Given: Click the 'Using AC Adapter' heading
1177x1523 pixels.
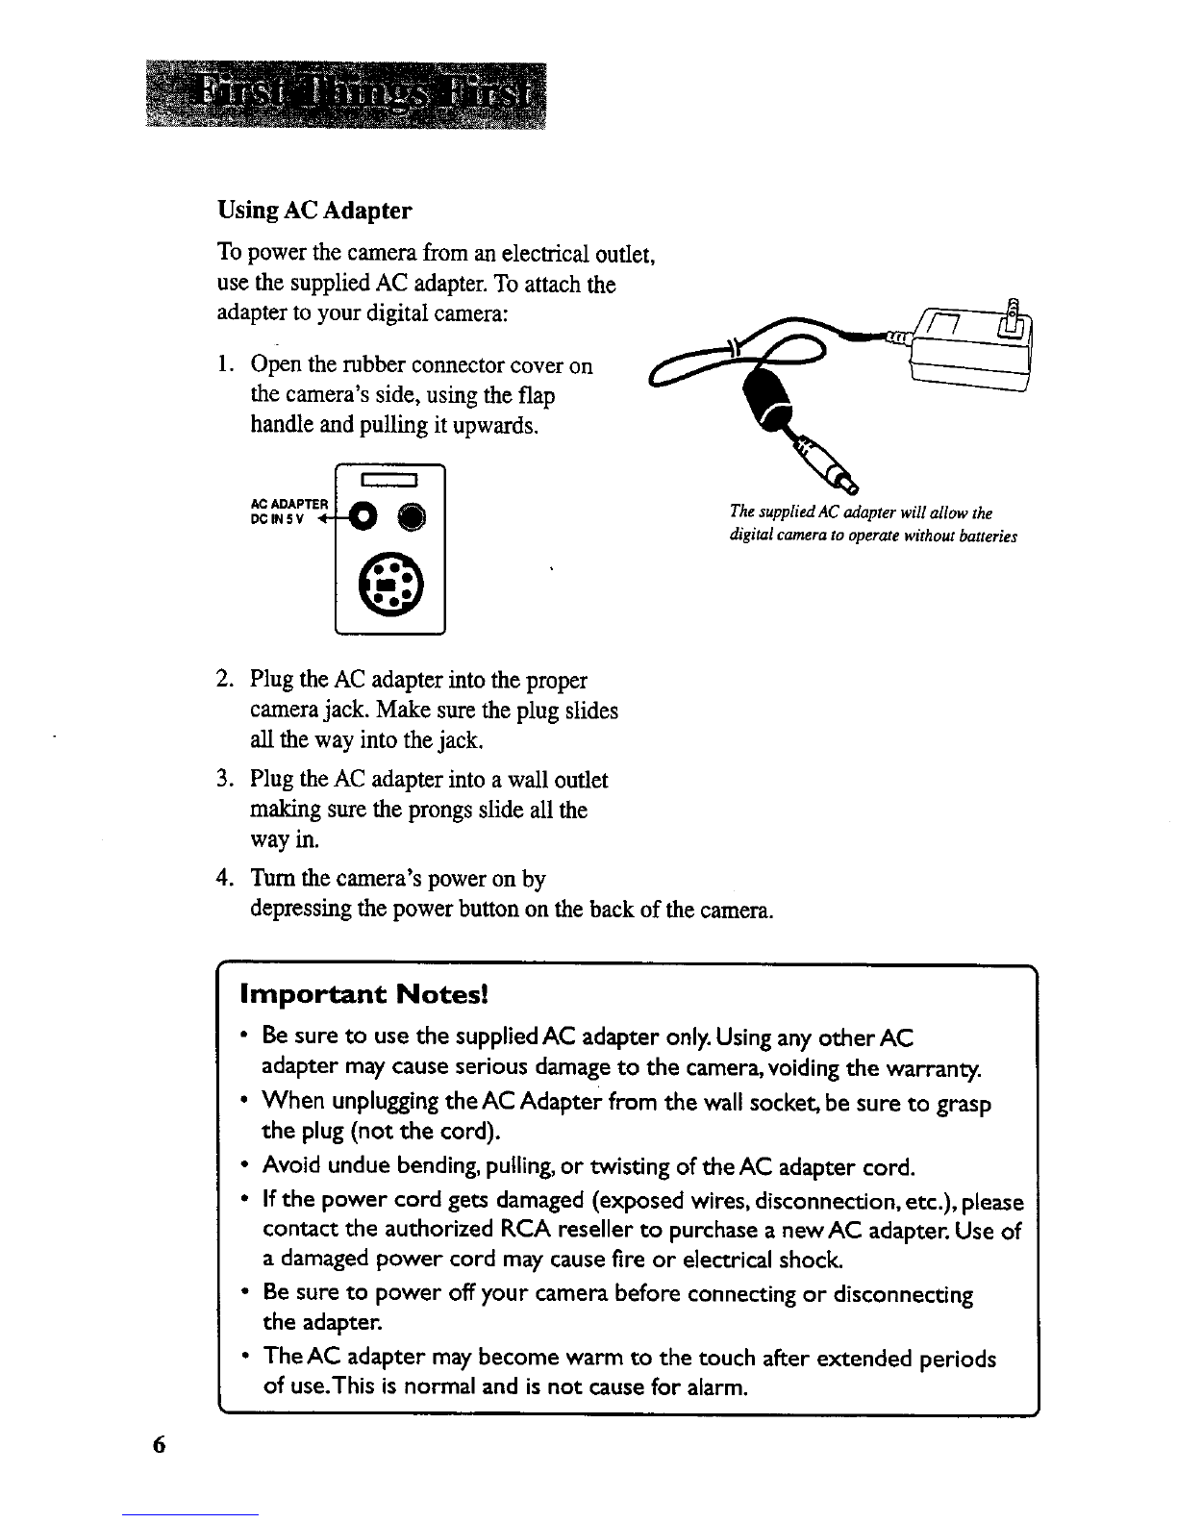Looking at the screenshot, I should (314, 210).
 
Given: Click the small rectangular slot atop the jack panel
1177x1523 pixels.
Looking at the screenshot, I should (388, 480).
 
